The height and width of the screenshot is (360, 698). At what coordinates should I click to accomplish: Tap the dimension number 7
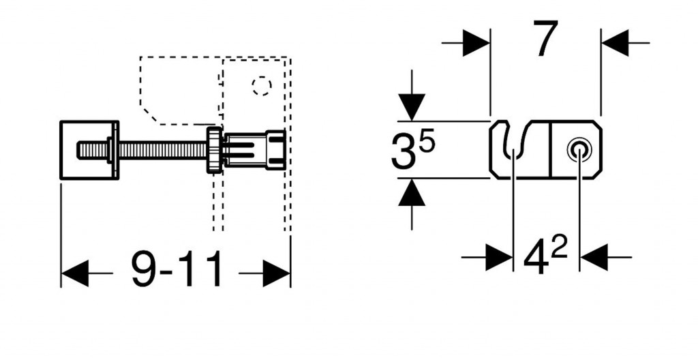[545, 40]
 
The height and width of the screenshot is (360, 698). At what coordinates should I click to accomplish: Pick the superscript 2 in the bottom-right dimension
[559, 248]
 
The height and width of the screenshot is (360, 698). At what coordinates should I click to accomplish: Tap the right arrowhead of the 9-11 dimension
[277, 273]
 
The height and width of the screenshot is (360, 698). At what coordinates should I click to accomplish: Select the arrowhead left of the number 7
[476, 43]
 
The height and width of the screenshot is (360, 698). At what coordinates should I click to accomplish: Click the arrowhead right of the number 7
[614, 43]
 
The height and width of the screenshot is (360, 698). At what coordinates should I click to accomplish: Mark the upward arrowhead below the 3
[412, 194]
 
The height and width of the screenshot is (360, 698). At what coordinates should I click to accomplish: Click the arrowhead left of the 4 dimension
[499, 258]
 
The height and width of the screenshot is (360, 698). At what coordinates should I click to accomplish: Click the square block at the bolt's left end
[89, 150]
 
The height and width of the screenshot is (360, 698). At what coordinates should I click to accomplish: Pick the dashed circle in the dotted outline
[261, 86]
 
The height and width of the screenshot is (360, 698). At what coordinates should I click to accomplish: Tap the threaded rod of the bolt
[164, 149]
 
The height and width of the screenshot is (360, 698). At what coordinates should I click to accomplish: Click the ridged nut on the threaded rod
[215, 149]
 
